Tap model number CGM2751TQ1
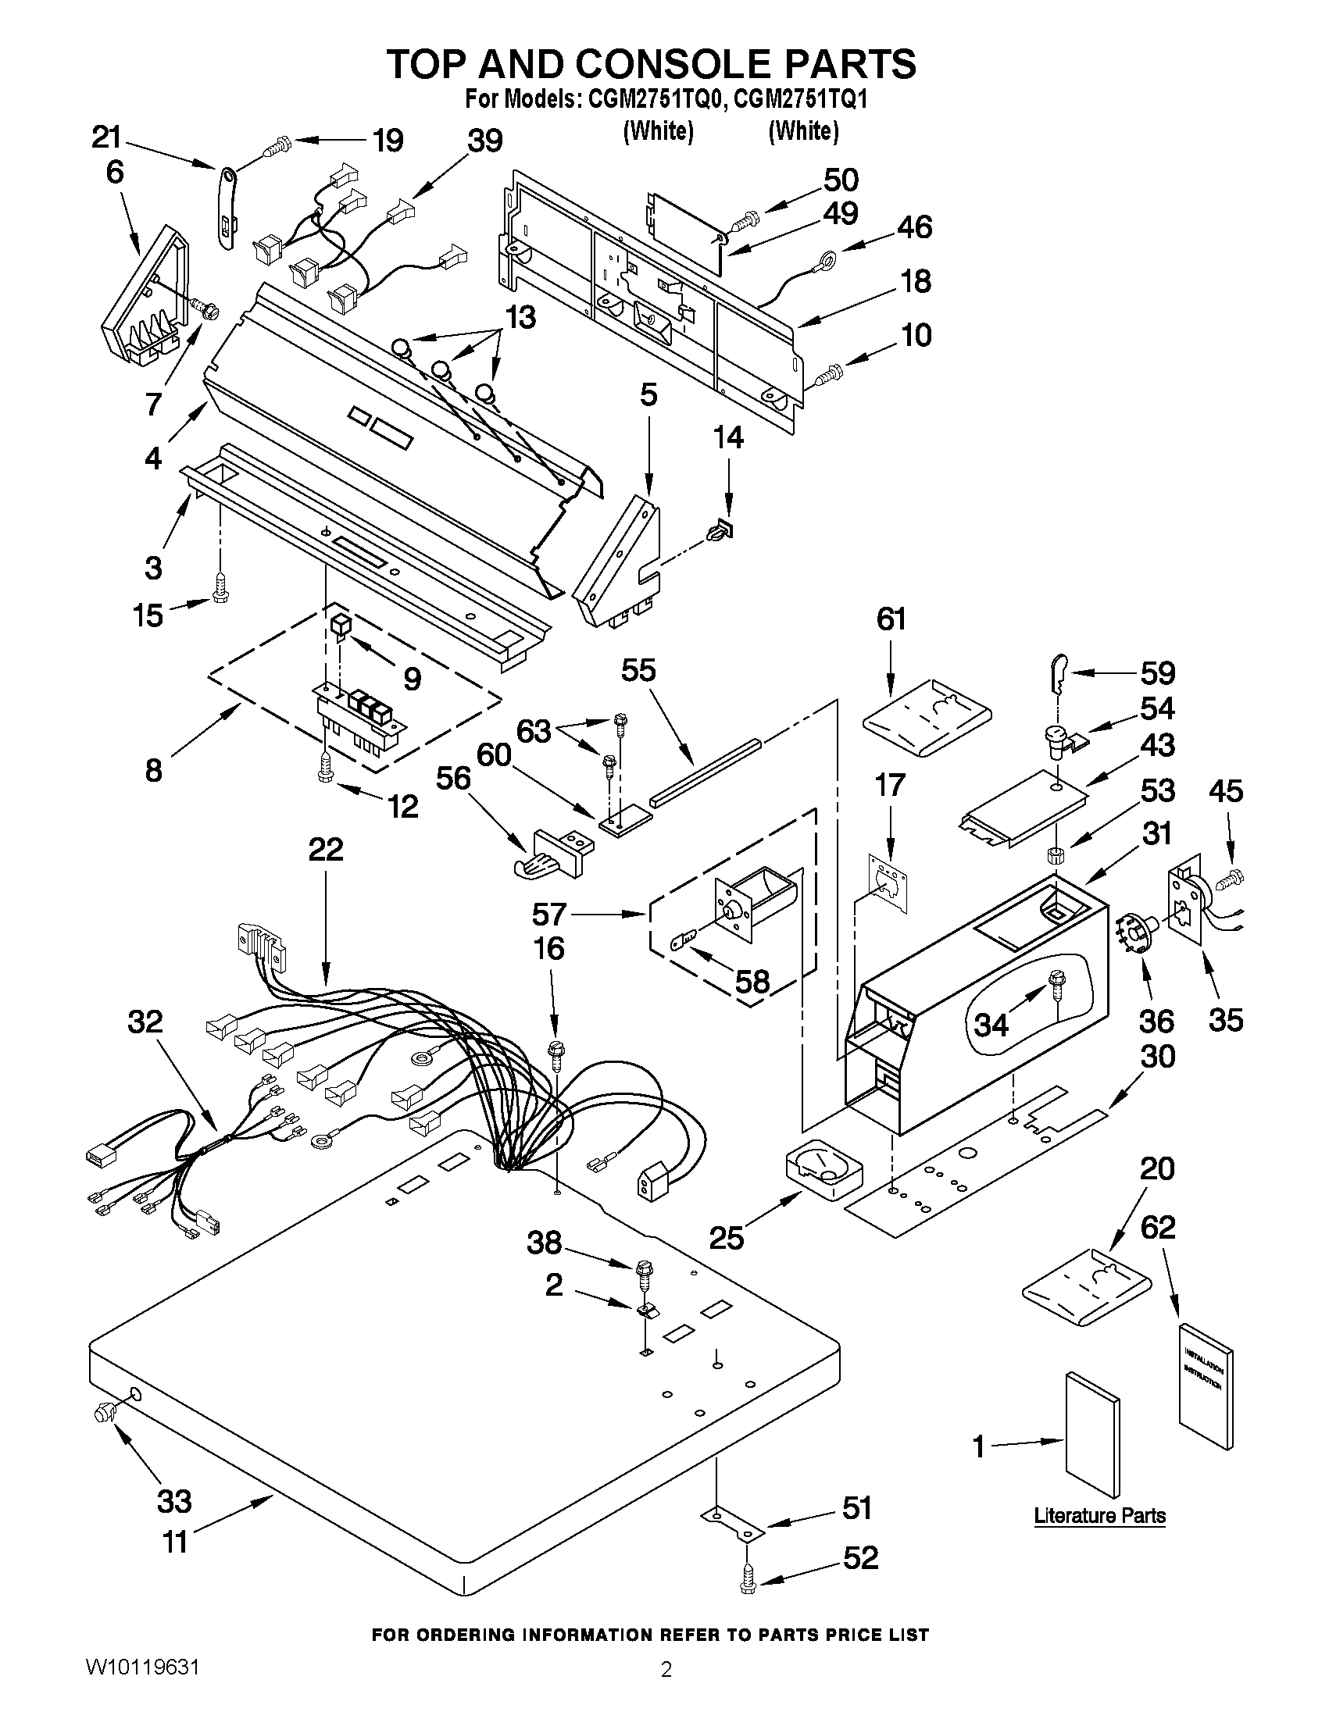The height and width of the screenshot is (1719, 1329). (x=803, y=100)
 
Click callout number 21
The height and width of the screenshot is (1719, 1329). (x=107, y=137)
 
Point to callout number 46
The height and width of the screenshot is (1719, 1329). (x=913, y=226)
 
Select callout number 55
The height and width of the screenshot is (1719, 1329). (x=638, y=670)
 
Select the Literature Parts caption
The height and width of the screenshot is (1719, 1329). (x=1099, y=1515)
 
